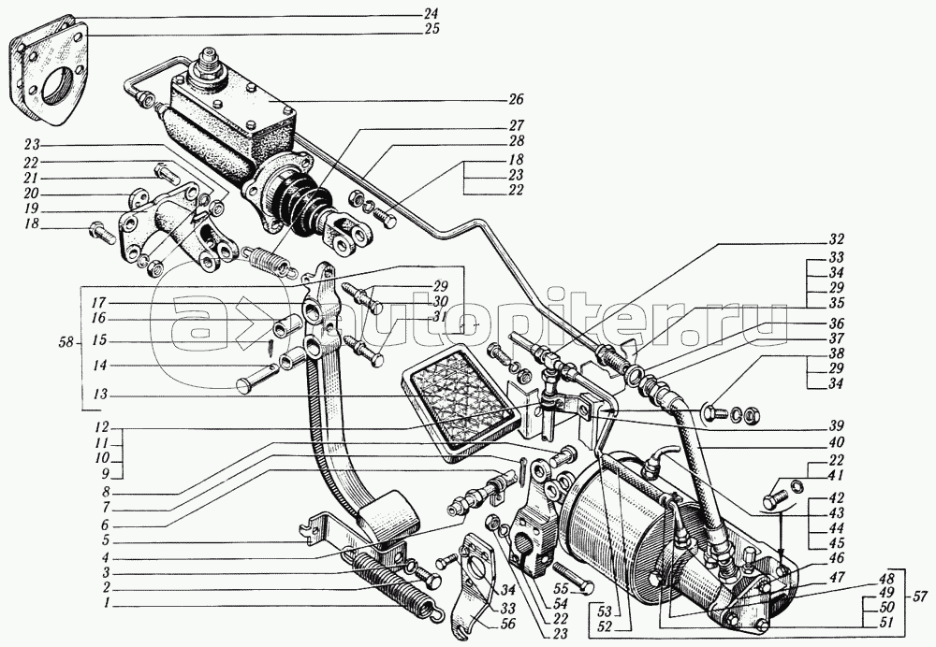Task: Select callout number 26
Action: pyautogui.click(x=517, y=99)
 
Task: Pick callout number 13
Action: pyautogui.click(x=99, y=394)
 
